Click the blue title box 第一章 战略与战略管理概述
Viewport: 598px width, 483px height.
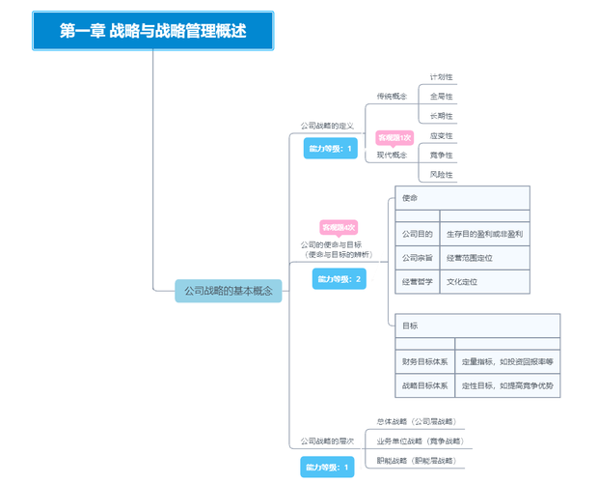(x=152, y=31)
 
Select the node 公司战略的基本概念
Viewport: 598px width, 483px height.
(x=229, y=290)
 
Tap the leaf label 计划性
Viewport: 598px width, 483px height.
(x=441, y=76)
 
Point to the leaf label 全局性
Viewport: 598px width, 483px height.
(x=441, y=97)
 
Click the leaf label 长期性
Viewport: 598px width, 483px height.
(x=441, y=117)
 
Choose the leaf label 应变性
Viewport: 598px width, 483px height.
(x=441, y=136)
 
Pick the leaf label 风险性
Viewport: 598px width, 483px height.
(x=441, y=175)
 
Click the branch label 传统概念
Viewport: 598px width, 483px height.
(x=392, y=97)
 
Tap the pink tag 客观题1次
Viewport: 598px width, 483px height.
(x=394, y=138)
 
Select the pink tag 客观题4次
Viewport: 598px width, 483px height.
(x=339, y=227)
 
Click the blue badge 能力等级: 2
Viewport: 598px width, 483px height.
(x=340, y=279)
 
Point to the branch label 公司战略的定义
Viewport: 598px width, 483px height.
(x=327, y=127)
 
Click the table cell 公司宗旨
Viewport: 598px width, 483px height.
(x=417, y=258)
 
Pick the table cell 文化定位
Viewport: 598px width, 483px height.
(x=462, y=282)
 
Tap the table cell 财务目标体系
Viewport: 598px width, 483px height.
(x=424, y=361)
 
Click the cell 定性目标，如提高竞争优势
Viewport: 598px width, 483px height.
(x=507, y=385)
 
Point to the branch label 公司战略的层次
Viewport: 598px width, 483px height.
(x=327, y=440)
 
